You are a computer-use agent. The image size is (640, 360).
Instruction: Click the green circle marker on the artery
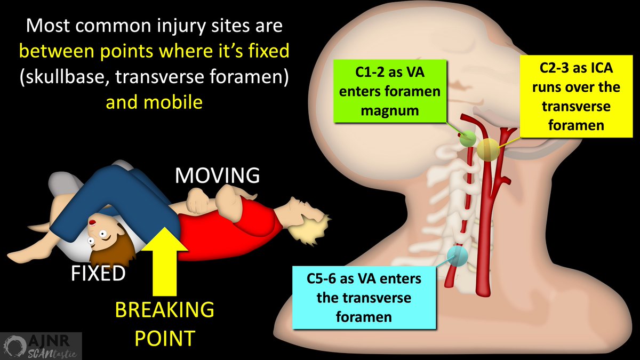pyautogui.click(x=468, y=139)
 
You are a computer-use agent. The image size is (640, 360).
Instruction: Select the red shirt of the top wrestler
pyautogui.click(x=224, y=221)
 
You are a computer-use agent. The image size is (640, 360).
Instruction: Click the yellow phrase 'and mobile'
pyautogui.click(x=154, y=101)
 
